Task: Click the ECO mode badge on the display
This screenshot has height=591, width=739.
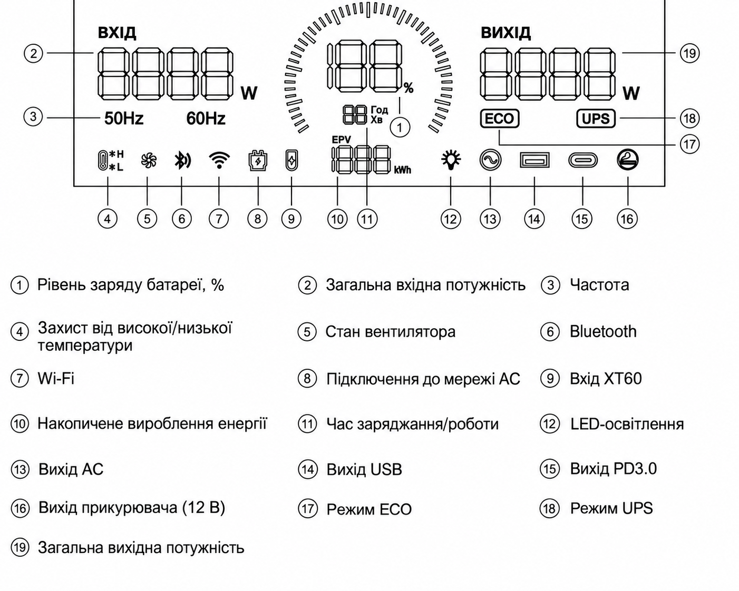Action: coord(499,119)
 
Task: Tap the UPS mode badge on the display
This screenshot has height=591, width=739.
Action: coord(596,119)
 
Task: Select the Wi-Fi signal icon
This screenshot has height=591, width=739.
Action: coord(219,160)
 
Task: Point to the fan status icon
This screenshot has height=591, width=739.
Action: coord(149,161)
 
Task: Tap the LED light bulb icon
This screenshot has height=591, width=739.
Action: coord(451,160)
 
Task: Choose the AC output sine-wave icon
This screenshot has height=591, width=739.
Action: coord(490,160)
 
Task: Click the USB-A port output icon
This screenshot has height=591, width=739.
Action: coord(534,160)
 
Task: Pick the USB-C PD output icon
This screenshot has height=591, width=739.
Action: coord(583,160)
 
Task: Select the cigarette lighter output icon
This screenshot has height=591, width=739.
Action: coord(627,160)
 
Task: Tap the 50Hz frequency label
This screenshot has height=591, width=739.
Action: coord(124,119)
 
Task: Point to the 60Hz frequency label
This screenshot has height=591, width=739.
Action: coord(206,119)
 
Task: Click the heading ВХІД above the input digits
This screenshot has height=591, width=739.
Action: coord(117,33)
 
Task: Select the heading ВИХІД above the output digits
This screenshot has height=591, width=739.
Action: coord(505,33)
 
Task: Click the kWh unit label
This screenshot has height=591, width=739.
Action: coord(402,170)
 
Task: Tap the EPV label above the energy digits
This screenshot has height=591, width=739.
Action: coord(342,140)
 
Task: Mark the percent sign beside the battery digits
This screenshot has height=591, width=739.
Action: coord(409,88)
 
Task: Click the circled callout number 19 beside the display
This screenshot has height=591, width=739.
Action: coord(689,54)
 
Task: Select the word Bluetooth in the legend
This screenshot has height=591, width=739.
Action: coord(602,331)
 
